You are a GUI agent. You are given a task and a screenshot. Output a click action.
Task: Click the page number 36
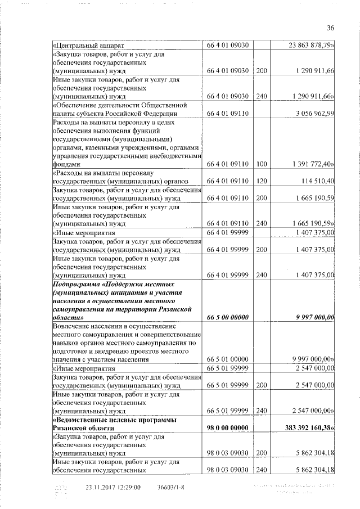coord(330,28)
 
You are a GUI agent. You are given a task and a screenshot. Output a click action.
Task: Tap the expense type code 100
coord(260,164)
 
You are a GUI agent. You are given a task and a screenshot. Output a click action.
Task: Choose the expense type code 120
coord(260,181)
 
